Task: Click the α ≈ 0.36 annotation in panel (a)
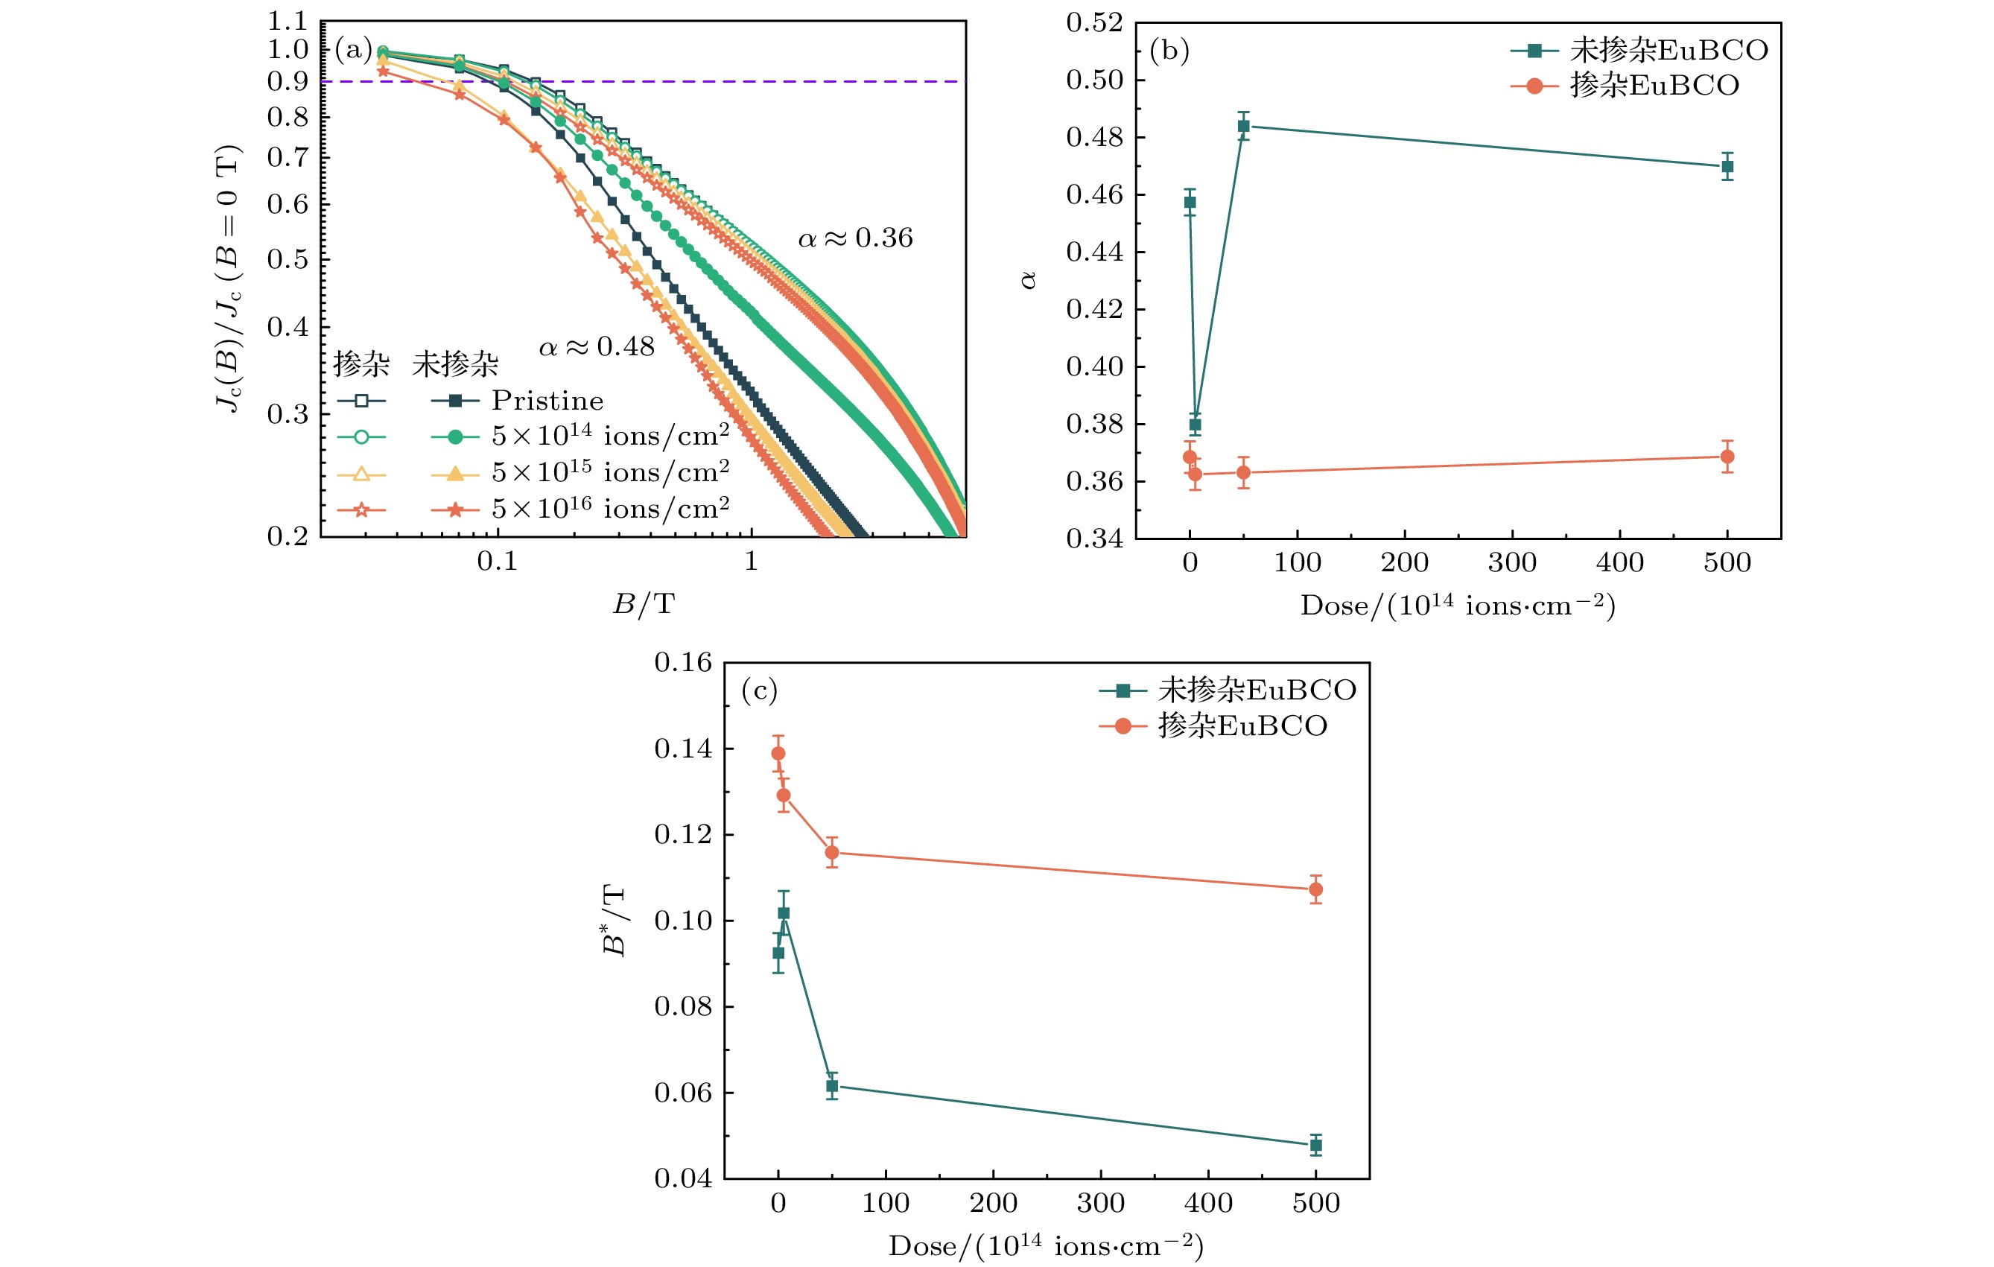(854, 238)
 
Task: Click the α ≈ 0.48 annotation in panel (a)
(596, 347)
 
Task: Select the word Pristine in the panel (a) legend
(547, 401)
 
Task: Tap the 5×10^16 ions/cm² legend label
(610, 509)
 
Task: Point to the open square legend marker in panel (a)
(361, 401)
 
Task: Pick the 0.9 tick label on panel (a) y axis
(288, 81)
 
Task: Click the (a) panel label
(354, 50)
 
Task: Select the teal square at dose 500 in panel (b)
(1727, 166)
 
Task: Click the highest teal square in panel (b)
(1243, 126)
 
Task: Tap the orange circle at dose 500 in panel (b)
(1727, 457)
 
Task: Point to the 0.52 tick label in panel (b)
(1094, 23)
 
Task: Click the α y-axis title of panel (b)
(1029, 280)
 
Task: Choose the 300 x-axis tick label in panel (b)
(1512, 563)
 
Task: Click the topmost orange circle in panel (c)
(778, 753)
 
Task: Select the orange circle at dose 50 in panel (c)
(831, 852)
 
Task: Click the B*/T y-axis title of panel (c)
(615, 920)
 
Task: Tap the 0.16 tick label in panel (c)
(682, 662)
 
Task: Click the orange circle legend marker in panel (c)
(1123, 726)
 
